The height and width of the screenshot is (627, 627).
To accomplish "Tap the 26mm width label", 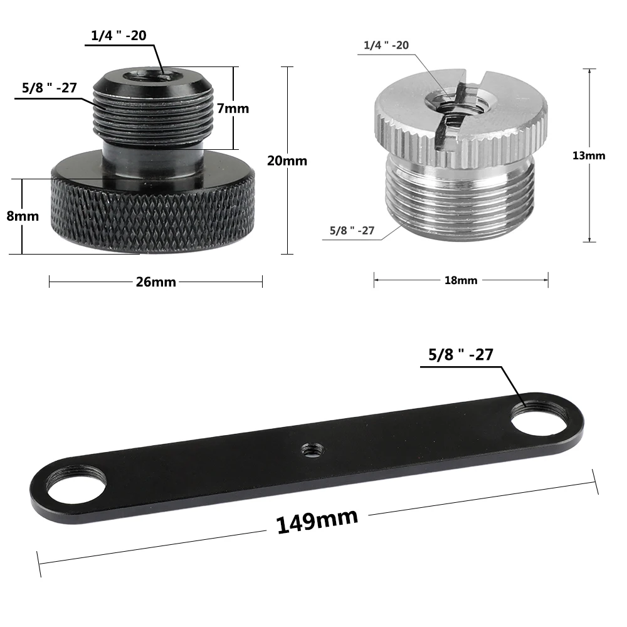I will (x=155, y=282).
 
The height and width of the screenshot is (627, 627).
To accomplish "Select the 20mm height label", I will (x=287, y=161).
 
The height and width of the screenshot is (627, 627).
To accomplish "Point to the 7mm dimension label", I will (x=233, y=108).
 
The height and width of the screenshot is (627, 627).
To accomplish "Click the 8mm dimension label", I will (x=23, y=216).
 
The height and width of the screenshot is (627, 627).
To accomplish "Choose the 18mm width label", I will (x=461, y=280).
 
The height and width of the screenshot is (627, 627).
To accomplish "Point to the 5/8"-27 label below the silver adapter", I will (x=352, y=231).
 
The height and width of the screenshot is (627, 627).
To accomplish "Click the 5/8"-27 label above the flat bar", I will (x=461, y=355).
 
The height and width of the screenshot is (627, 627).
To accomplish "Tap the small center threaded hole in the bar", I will (x=308, y=448).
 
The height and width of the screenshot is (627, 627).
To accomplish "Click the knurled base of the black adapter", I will (x=154, y=216).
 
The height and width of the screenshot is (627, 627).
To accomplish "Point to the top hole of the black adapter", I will (x=150, y=76).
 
